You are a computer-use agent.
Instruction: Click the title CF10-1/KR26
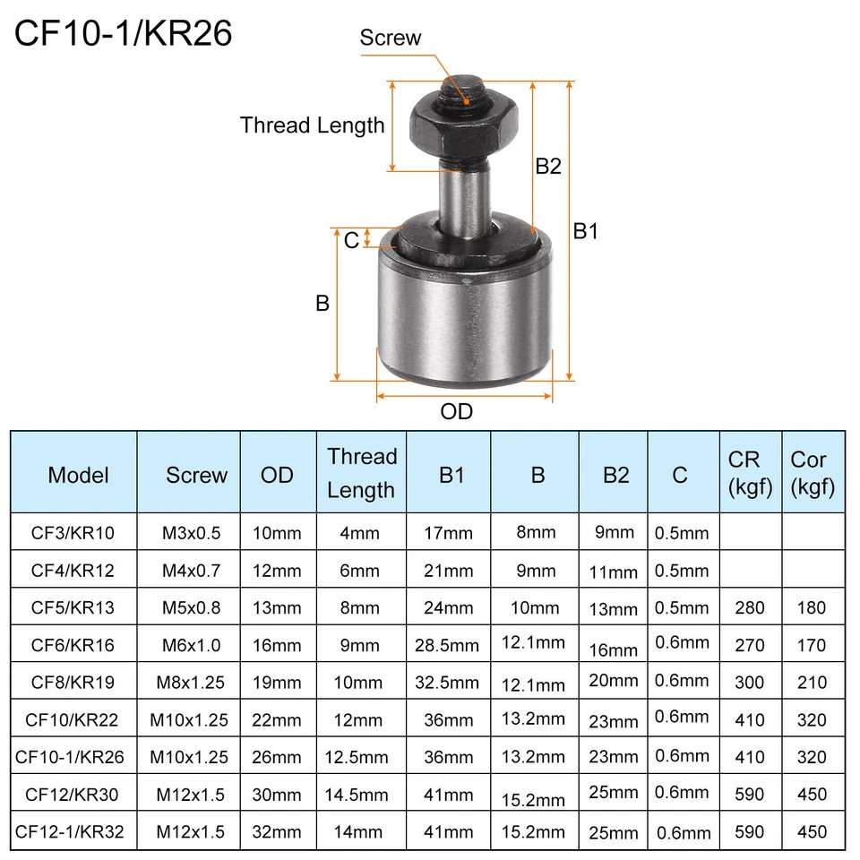[123, 33]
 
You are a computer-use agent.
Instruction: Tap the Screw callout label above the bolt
[390, 38]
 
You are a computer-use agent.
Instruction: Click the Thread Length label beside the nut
[312, 125]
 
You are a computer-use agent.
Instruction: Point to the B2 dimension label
[548, 166]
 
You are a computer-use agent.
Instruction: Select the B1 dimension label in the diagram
[585, 231]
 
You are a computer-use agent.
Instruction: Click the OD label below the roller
[456, 411]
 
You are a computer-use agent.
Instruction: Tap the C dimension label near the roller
[351, 240]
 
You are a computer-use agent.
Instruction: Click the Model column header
[79, 475]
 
